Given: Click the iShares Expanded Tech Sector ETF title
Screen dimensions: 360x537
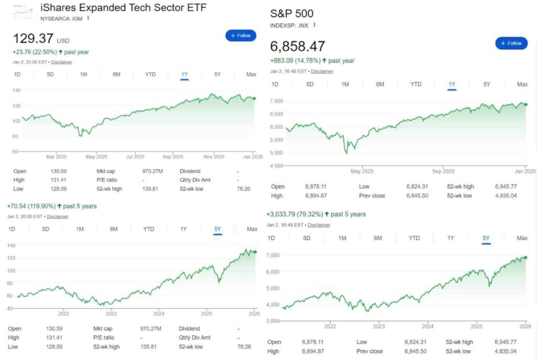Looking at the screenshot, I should (123, 8).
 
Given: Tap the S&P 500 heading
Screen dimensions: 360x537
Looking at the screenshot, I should (292, 14).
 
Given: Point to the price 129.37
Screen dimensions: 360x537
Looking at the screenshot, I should (33, 39).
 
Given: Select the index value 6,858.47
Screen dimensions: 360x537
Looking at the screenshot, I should (297, 46).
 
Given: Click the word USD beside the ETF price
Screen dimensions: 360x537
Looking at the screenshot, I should (63, 41).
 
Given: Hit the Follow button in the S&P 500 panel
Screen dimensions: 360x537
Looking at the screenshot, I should (511, 43).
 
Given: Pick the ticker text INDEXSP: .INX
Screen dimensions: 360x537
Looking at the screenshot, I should (289, 25).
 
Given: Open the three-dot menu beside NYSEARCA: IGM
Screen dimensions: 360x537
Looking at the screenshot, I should (88, 18).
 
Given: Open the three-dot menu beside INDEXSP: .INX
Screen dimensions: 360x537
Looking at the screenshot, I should (314, 25).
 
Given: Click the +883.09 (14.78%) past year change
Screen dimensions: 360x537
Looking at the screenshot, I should (312, 60).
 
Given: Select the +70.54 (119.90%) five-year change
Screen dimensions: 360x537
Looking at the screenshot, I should (51, 206).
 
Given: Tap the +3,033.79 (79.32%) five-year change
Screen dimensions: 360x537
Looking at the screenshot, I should (316, 214).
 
